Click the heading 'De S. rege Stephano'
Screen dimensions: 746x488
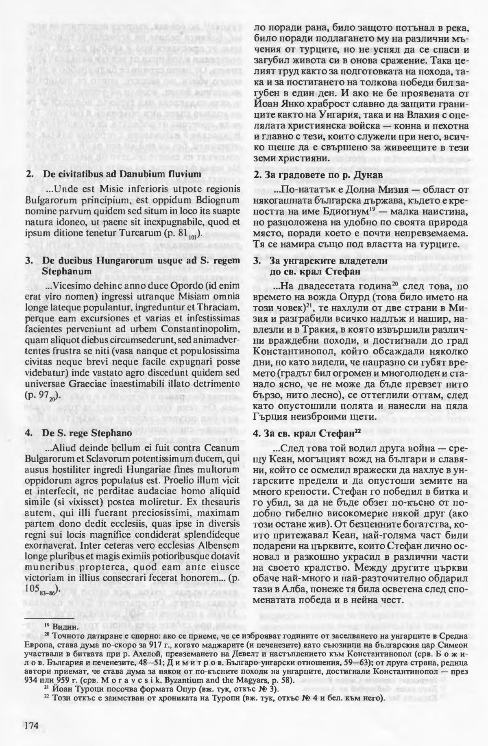[x=87, y=433]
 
